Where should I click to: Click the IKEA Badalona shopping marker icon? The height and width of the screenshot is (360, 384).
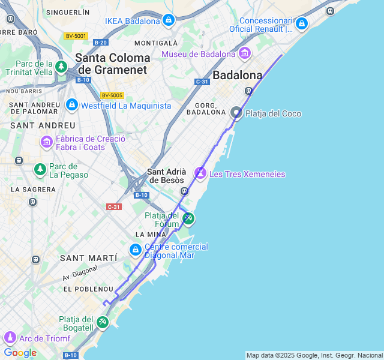coord(169,21)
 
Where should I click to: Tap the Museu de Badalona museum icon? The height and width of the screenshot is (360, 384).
coord(244,54)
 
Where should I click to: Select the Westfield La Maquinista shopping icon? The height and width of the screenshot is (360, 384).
coord(72,105)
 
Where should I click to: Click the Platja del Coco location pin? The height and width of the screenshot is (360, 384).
coord(236,113)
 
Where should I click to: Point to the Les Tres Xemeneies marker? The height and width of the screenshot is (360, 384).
coord(200,173)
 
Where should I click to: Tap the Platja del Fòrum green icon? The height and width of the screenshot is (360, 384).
coord(188,218)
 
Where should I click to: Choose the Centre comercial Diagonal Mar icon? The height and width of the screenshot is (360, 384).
coord(136,250)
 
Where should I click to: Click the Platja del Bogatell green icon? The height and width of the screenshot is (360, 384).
coord(103,322)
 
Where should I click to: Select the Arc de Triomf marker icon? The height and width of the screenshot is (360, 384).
coord(9,338)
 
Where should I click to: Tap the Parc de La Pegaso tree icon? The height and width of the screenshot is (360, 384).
coord(40,170)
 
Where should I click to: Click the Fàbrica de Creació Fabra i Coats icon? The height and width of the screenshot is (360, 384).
coord(46,142)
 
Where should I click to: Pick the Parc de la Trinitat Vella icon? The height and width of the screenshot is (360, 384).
coord(61,67)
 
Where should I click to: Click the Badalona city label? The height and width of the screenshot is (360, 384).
coord(238,76)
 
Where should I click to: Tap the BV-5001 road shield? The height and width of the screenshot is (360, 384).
coord(76,36)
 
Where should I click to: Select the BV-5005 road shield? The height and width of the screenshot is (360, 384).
coord(112,95)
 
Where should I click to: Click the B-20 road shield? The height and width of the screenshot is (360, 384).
coord(101,42)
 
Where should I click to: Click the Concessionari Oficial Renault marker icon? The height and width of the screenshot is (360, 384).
coord(301,23)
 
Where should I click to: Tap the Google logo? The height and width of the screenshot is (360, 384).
coord(20,352)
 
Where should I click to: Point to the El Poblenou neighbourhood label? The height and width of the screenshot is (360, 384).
coord(88,289)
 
